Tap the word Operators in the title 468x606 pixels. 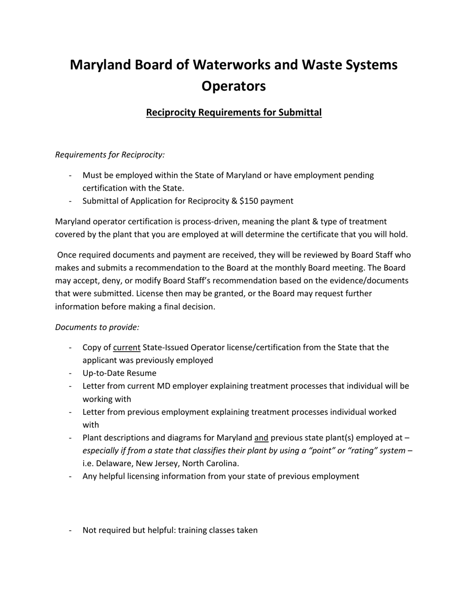(234, 86)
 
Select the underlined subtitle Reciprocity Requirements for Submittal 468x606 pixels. (234, 112)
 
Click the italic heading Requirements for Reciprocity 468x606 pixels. (110, 155)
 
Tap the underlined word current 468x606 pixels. (127, 347)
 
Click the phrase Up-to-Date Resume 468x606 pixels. (119, 373)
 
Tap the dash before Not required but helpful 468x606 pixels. (71, 530)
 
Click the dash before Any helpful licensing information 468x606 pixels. (71, 476)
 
